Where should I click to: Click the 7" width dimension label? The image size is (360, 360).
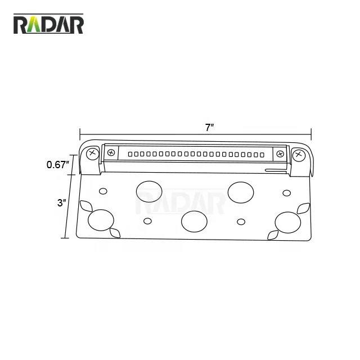[209, 127]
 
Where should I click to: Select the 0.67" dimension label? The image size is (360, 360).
[58, 165]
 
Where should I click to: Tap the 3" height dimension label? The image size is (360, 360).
[61, 202]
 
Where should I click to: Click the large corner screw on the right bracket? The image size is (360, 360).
[298, 154]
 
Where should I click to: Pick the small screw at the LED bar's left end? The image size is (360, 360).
[112, 152]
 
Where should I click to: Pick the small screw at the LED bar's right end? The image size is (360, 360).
[280, 154]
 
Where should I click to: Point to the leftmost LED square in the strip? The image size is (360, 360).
[130, 153]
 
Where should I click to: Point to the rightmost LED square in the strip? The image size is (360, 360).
[261, 154]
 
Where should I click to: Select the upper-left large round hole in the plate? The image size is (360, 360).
[148, 191]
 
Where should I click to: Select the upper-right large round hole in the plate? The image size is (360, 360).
[240, 191]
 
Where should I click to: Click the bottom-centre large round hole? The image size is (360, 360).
[194, 221]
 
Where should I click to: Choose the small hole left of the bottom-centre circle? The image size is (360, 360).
[147, 220]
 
